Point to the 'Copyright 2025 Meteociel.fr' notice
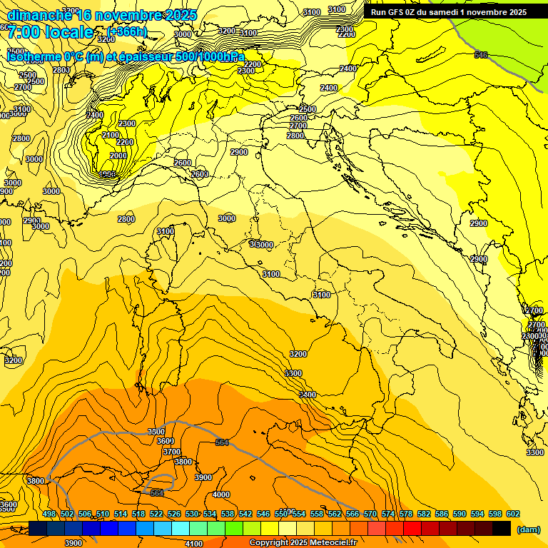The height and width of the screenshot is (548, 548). [x=303, y=543]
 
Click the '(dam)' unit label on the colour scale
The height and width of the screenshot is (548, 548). [x=528, y=529]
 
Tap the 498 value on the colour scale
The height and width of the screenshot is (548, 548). [x=49, y=514]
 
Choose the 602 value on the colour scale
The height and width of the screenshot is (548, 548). [x=513, y=514]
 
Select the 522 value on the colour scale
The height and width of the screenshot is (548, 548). [x=156, y=514]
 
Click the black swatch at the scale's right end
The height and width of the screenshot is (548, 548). [x=502, y=529]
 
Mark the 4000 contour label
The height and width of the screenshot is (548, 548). [x=221, y=494]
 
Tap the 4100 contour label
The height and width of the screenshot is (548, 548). [x=193, y=544]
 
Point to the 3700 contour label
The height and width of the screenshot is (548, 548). [x=171, y=452]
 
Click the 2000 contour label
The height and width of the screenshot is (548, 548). [x=118, y=156]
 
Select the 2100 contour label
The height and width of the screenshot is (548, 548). [x=111, y=135]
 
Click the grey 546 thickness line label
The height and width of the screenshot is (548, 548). [x=481, y=55]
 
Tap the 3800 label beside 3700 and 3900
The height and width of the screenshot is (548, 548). [x=183, y=462]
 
